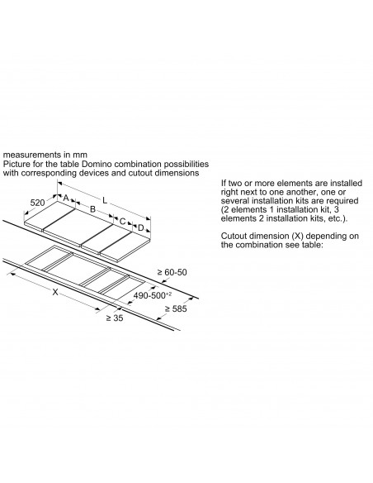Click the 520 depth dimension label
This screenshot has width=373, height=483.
point(37,203)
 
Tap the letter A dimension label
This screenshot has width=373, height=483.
point(66,198)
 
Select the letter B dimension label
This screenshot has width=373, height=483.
point(92,209)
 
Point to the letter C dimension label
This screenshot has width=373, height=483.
point(122,221)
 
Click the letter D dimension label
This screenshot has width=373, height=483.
point(141,228)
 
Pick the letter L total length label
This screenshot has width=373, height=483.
point(105,200)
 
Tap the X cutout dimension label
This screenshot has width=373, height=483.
point(55,292)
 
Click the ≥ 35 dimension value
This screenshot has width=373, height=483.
point(115,318)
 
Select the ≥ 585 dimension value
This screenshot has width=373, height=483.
point(176,308)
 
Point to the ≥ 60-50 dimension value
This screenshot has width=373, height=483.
point(172,272)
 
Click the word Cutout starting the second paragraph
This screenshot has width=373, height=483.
point(235,236)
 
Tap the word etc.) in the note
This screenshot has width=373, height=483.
point(338,218)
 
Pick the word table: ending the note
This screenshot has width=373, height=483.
point(311,245)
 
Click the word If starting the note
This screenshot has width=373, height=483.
point(224,183)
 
